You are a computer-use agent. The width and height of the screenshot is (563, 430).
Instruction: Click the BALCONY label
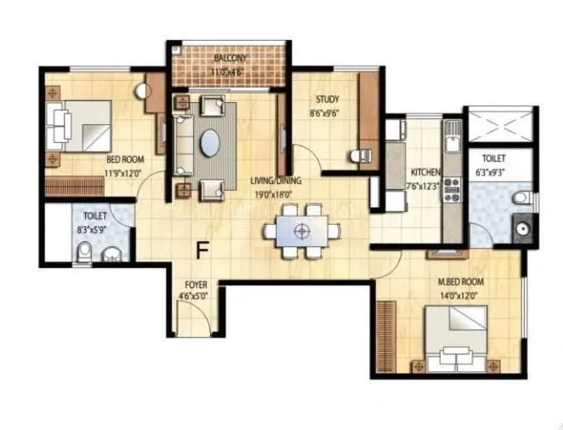230,58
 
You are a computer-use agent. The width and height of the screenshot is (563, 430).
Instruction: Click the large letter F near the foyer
202,250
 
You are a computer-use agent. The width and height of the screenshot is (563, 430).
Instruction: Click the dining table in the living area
300,230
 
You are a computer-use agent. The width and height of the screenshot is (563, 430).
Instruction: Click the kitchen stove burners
452,188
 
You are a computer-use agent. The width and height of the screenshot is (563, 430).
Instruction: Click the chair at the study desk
356,156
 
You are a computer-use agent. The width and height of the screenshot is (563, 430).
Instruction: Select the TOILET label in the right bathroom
493,158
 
